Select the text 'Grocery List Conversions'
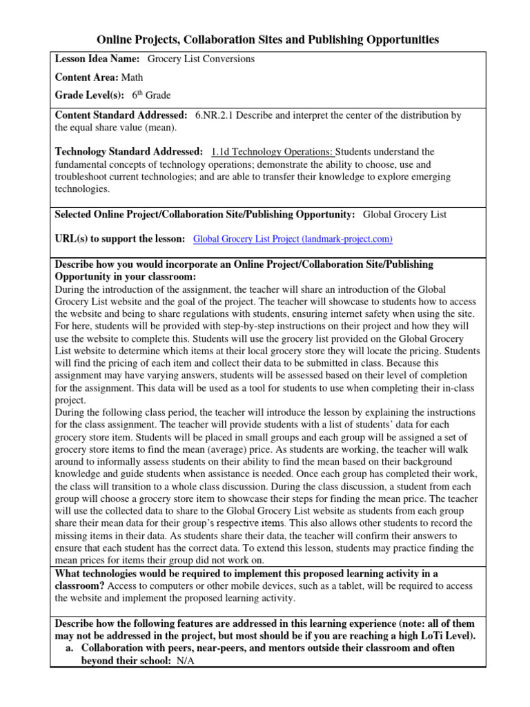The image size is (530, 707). pyautogui.click(x=202, y=59)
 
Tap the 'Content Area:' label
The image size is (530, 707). pyautogui.click(x=86, y=77)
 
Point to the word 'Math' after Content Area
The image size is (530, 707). pyautogui.click(x=132, y=77)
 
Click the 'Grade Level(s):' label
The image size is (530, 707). pyautogui.click(x=90, y=95)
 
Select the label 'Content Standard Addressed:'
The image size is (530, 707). pyautogui.click(x=121, y=115)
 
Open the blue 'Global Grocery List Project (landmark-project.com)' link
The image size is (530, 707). pyautogui.click(x=293, y=239)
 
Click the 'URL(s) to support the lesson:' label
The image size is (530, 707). pyautogui.click(x=119, y=239)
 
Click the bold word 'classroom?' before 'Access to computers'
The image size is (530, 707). pyautogui.click(x=79, y=585)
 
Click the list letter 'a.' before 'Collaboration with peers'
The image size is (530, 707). pyautogui.click(x=70, y=649)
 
